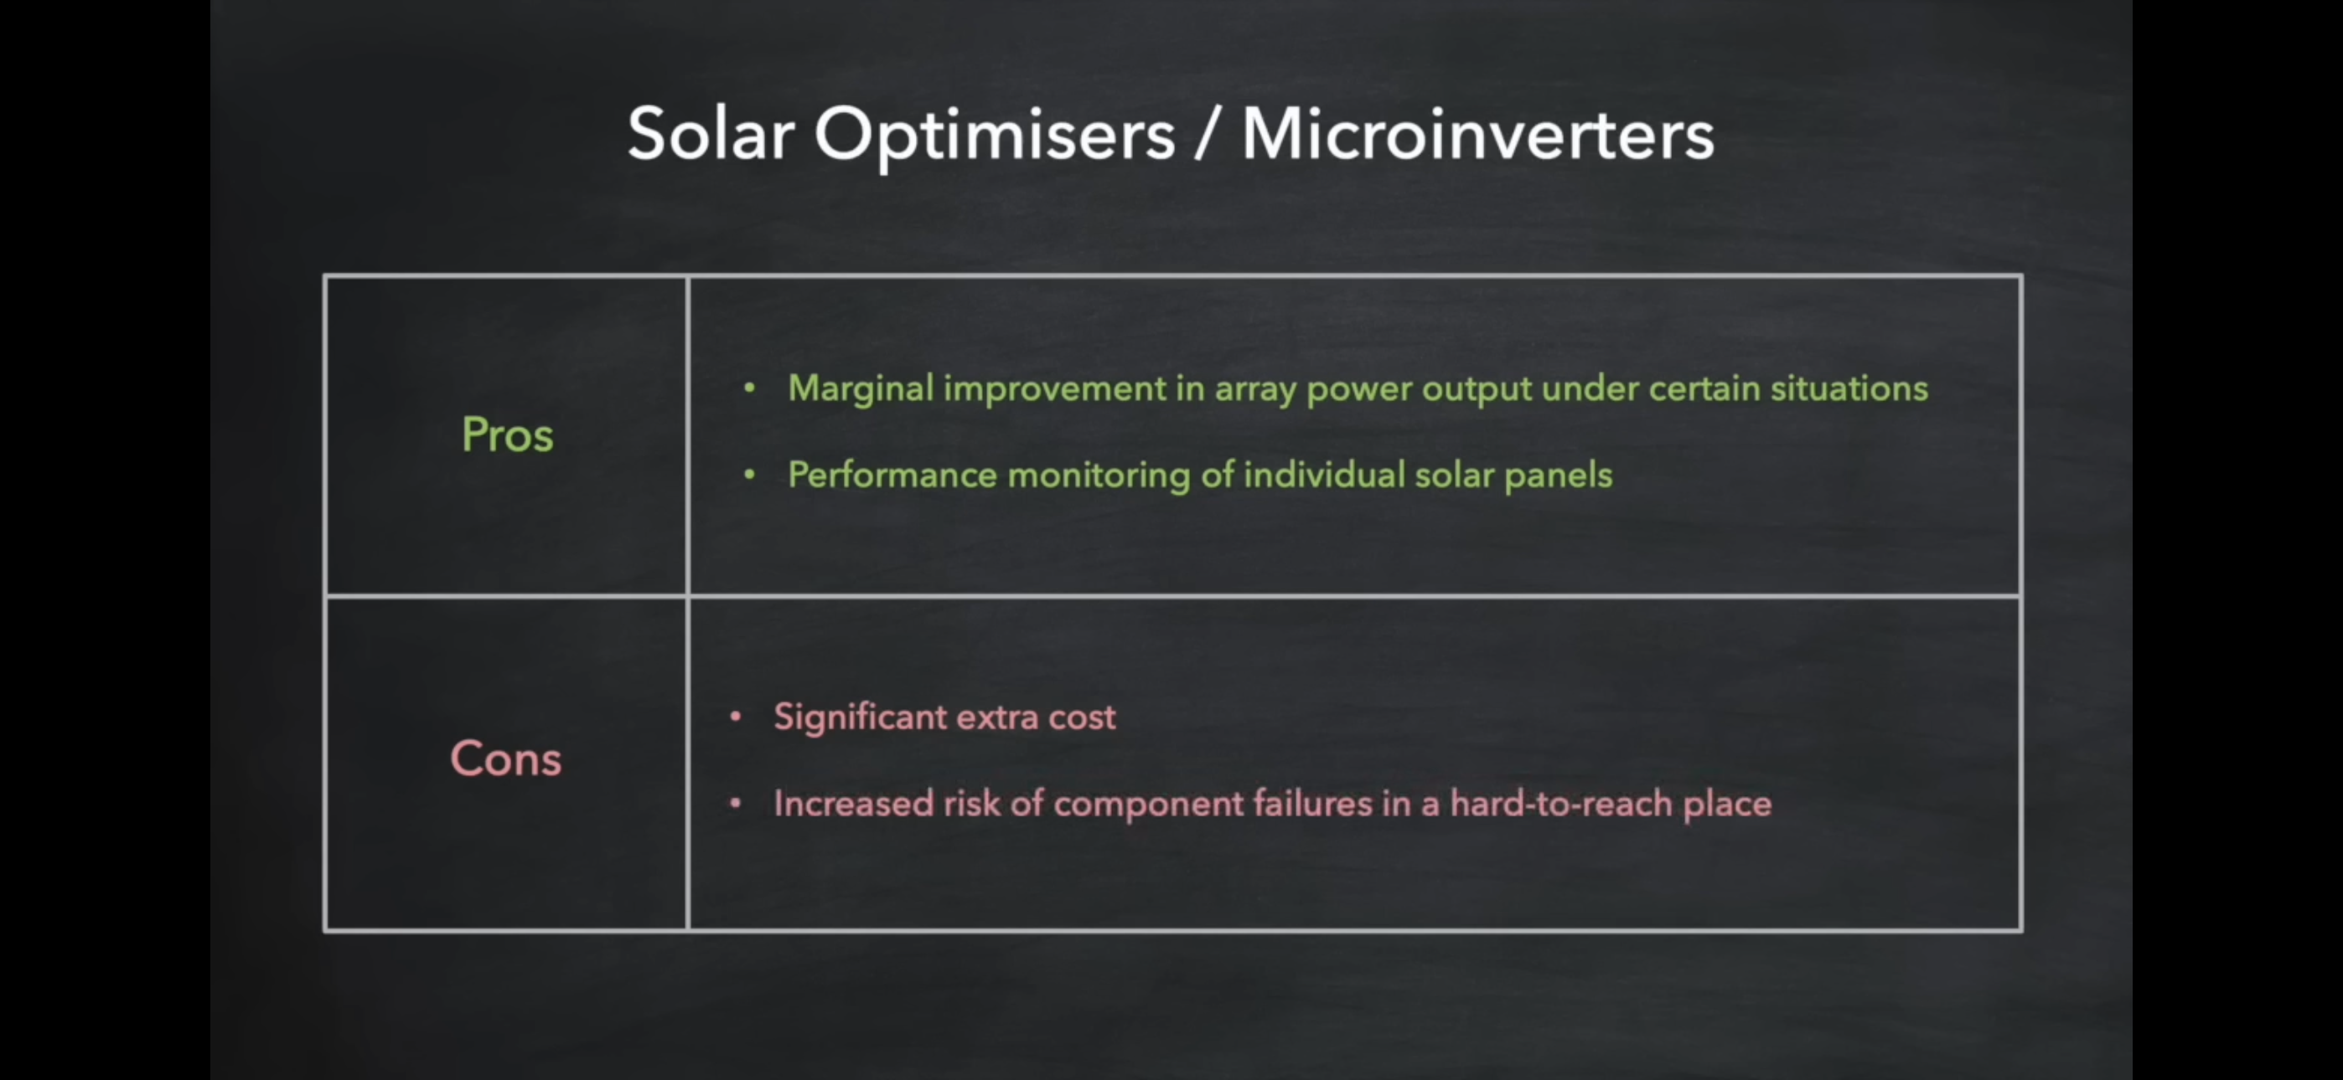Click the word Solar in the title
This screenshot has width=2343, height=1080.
pyautogui.click(x=711, y=134)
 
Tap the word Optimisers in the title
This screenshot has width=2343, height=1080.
pyautogui.click(x=995, y=136)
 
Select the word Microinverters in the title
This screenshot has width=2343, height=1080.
pyautogui.click(x=1478, y=134)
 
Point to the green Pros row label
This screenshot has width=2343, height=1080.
pyautogui.click(x=508, y=434)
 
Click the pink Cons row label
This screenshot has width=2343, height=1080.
pyautogui.click(x=505, y=759)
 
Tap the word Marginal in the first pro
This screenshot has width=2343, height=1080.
pyautogui.click(x=861, y=389)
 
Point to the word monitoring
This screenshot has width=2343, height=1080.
pyautogui.click(x=1099, y=476)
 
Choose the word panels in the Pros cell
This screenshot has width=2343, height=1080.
pyautogui.click(x=1558, y=476)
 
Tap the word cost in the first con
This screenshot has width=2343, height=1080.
pyautogui.click(x=1082, y=718)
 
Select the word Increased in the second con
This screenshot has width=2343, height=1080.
pyautogui.click(x=853, y=804)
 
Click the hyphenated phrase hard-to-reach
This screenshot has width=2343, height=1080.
pyautogui.click(x=1562, y=804)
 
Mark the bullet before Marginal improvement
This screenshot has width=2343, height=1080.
pyautogui.click(x=749, y=388)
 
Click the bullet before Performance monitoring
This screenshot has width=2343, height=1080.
pyautogui.click(x=749, y=475)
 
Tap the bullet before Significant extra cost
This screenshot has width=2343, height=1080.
pyautogui.click(x=736, y=717)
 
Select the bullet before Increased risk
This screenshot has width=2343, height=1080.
pyautogui.click(x=736, y=804)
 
